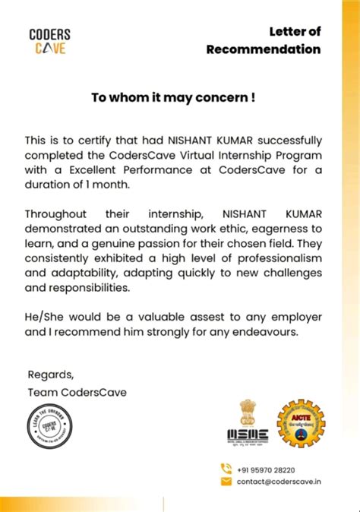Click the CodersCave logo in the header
pos(49,41)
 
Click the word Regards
pos(51,375)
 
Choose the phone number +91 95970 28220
pos(266,470)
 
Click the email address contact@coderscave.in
pos(279,482)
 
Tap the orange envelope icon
pos(226,482)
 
